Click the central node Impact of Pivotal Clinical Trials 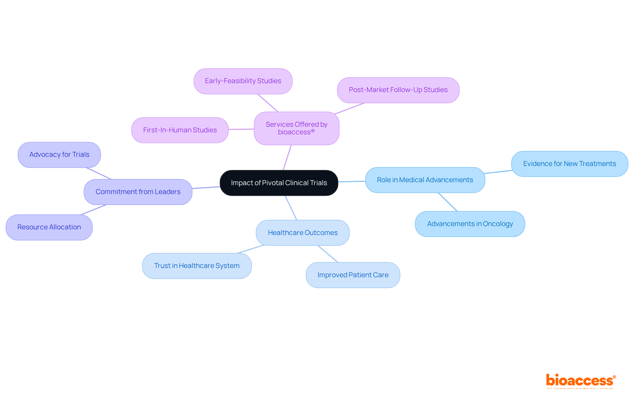279,183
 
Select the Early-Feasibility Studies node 243,81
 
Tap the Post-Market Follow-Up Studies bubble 398,90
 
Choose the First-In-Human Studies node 180,130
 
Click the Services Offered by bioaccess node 296,128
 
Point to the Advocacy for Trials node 59,155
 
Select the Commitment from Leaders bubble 138,192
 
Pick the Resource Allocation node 49,227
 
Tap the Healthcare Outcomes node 302,233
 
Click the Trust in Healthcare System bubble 196,266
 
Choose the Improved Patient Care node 353,275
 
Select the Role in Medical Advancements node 425,180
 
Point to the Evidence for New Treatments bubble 569,164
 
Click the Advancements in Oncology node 470,224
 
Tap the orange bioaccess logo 580,381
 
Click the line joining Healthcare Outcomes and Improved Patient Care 328,254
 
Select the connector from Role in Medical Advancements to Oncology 448,202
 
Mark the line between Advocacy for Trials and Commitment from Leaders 99,173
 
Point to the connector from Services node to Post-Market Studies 349,109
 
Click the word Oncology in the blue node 498,224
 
